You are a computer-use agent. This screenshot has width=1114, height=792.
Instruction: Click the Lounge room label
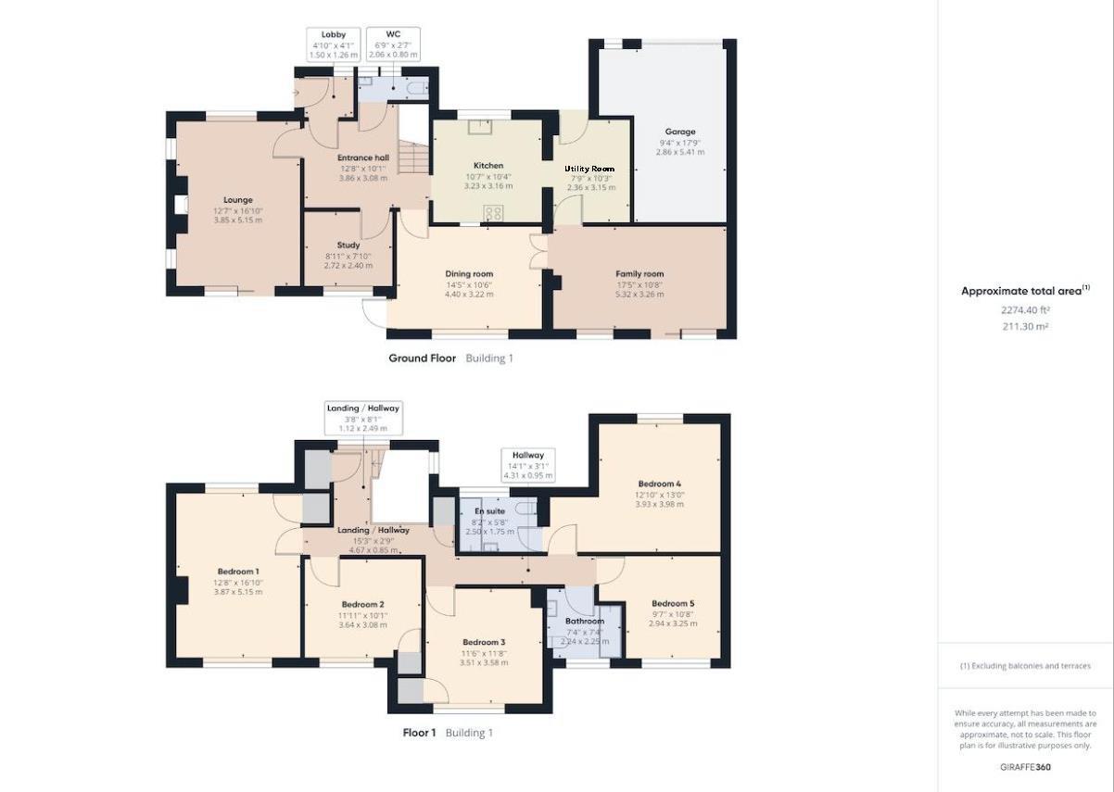pyautogui.click(x=237, y=200)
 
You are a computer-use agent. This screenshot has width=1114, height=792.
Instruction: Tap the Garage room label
pyautogui.click(x=679, y=132)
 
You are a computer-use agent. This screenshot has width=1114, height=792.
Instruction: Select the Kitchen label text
pyautogui.click(x=487, y=166)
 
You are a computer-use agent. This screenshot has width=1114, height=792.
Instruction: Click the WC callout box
pyautogui.click(x=393, y=44)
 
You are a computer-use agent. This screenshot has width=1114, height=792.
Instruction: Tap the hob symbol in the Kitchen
pyautogui.click(x=493, y=212)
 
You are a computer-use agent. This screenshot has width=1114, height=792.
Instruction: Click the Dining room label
pyautogui.click(x=469, y=274)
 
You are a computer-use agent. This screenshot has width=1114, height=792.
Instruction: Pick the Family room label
pyautogui.click(x=639, y=274)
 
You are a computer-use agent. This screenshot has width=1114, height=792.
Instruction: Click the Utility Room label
pyautogui.click(x=590, y=169)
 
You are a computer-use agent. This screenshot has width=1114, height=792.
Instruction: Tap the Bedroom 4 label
pyautogui.click(x=659, y=484)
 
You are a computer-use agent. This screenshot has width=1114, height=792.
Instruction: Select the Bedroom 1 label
pyautogui.click(x=238, y=572)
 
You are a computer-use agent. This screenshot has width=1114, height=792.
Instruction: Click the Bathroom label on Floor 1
pyautogui.click(x=585, y=622)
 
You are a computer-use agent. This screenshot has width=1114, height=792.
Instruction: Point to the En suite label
pyautogui.click(x=490, y=511)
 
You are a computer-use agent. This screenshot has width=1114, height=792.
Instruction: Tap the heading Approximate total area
pyautogui.click(x=1025, y=291)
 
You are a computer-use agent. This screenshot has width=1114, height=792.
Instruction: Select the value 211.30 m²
pyautogui.click(x=1025, y=326)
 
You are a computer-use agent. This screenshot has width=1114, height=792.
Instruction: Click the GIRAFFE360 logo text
pyautogui.click(x=1025, y=767)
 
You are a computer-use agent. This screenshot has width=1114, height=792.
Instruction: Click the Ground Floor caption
pyautogui.click(x=422, y=358)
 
